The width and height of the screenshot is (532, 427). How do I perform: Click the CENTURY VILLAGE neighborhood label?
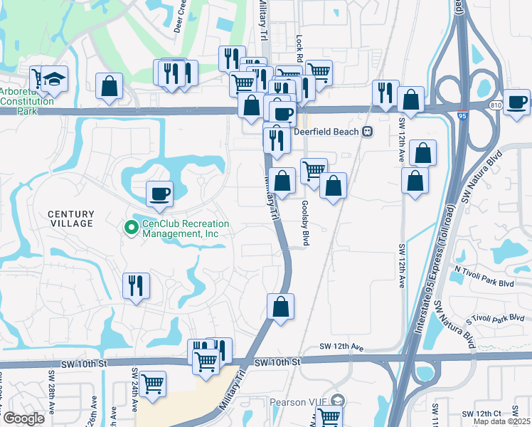(70, 218)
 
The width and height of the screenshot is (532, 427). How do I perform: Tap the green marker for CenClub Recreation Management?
(131, 228)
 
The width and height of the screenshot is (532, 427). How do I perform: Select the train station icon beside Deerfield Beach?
(368, 131)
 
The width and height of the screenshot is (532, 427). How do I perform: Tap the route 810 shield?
(495, 105)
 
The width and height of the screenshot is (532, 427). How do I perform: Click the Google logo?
(23, 418)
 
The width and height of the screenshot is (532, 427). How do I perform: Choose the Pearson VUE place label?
(297, 402)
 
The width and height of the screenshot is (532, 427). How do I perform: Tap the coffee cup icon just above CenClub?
(160, 193)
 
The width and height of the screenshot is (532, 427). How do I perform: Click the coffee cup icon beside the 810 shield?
(516, 101)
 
